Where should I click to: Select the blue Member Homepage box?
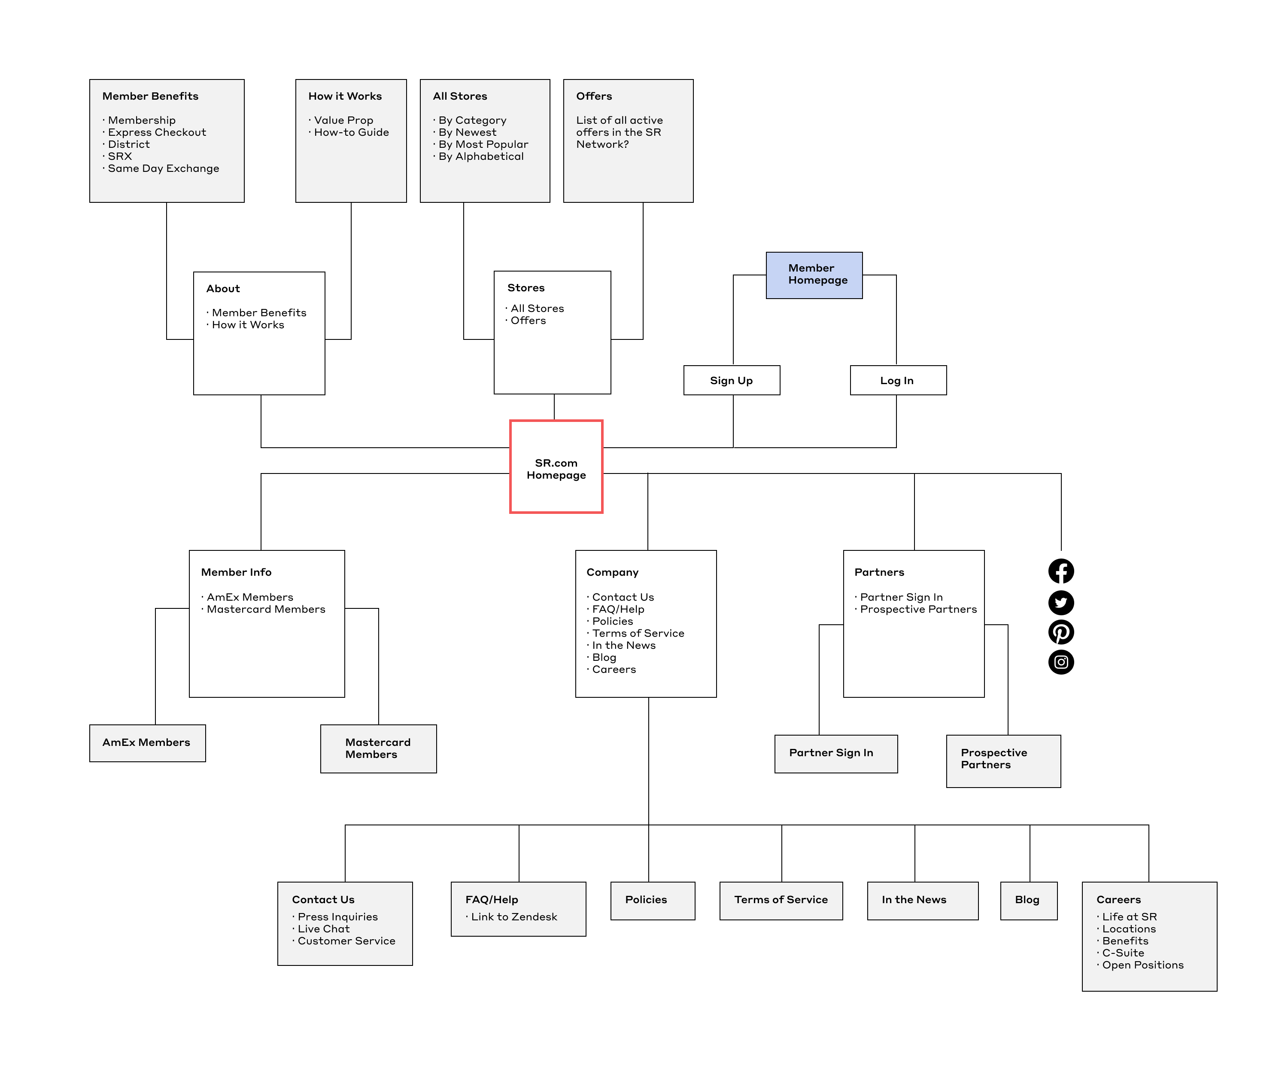tap(814, 275)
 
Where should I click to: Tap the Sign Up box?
tap(732, 381)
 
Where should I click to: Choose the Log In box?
tap(898, 381)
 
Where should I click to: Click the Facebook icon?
tap(1061, 571)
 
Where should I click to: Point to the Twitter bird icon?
tap(1061, 603)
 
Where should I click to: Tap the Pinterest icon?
tap(1061, 632)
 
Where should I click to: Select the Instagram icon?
tap(1061, 662)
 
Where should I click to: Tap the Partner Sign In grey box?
tap(836, 754)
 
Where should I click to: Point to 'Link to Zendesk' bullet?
tap(511, 917)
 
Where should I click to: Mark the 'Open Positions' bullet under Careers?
tap(1140, 965)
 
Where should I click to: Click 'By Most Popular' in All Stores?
tap(480, 145)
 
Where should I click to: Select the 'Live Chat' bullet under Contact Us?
tap(321, 929)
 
